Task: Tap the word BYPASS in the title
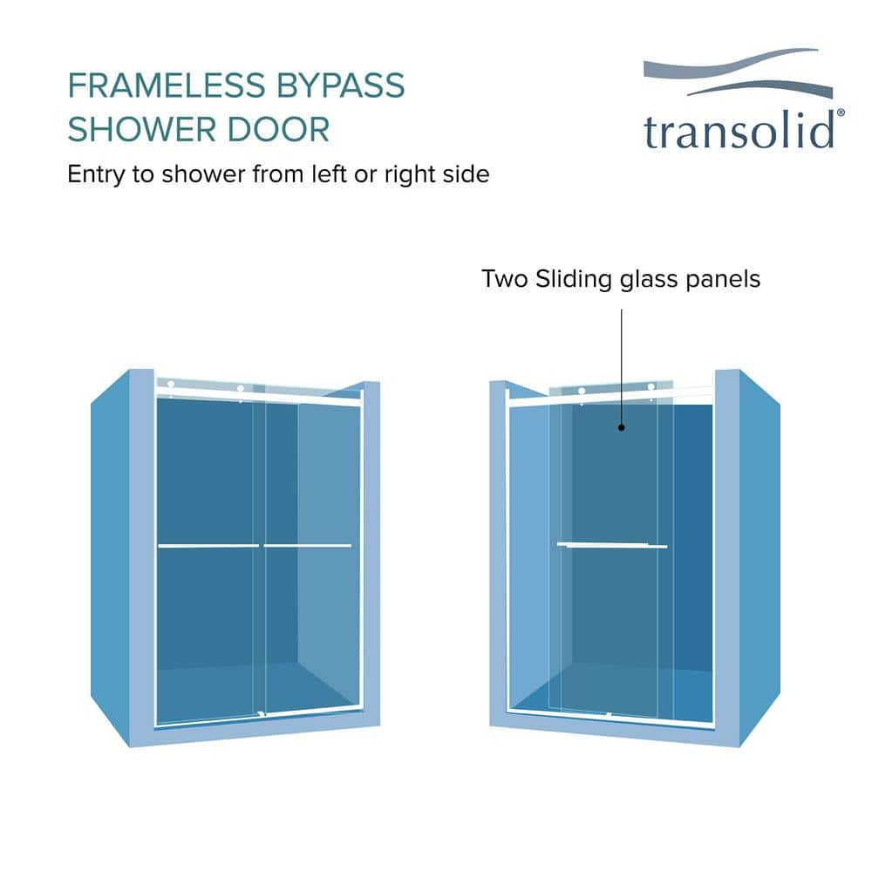tap(340, 85)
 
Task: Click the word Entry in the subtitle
tap(96, 175)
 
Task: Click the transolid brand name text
tap(739, 130)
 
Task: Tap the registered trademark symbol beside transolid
tap(841, 112)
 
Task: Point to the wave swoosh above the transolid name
tap(738, 73)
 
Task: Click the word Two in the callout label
tap(504, 279)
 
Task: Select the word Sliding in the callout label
tap(574, 280)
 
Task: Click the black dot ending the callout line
tap(621, 427)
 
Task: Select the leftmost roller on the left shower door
tap(171, 385)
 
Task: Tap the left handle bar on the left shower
tap(208, 546)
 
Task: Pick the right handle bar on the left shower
tap(308, 546)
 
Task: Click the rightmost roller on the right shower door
tap(651, 387)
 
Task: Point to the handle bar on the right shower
tap(612, 545)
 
